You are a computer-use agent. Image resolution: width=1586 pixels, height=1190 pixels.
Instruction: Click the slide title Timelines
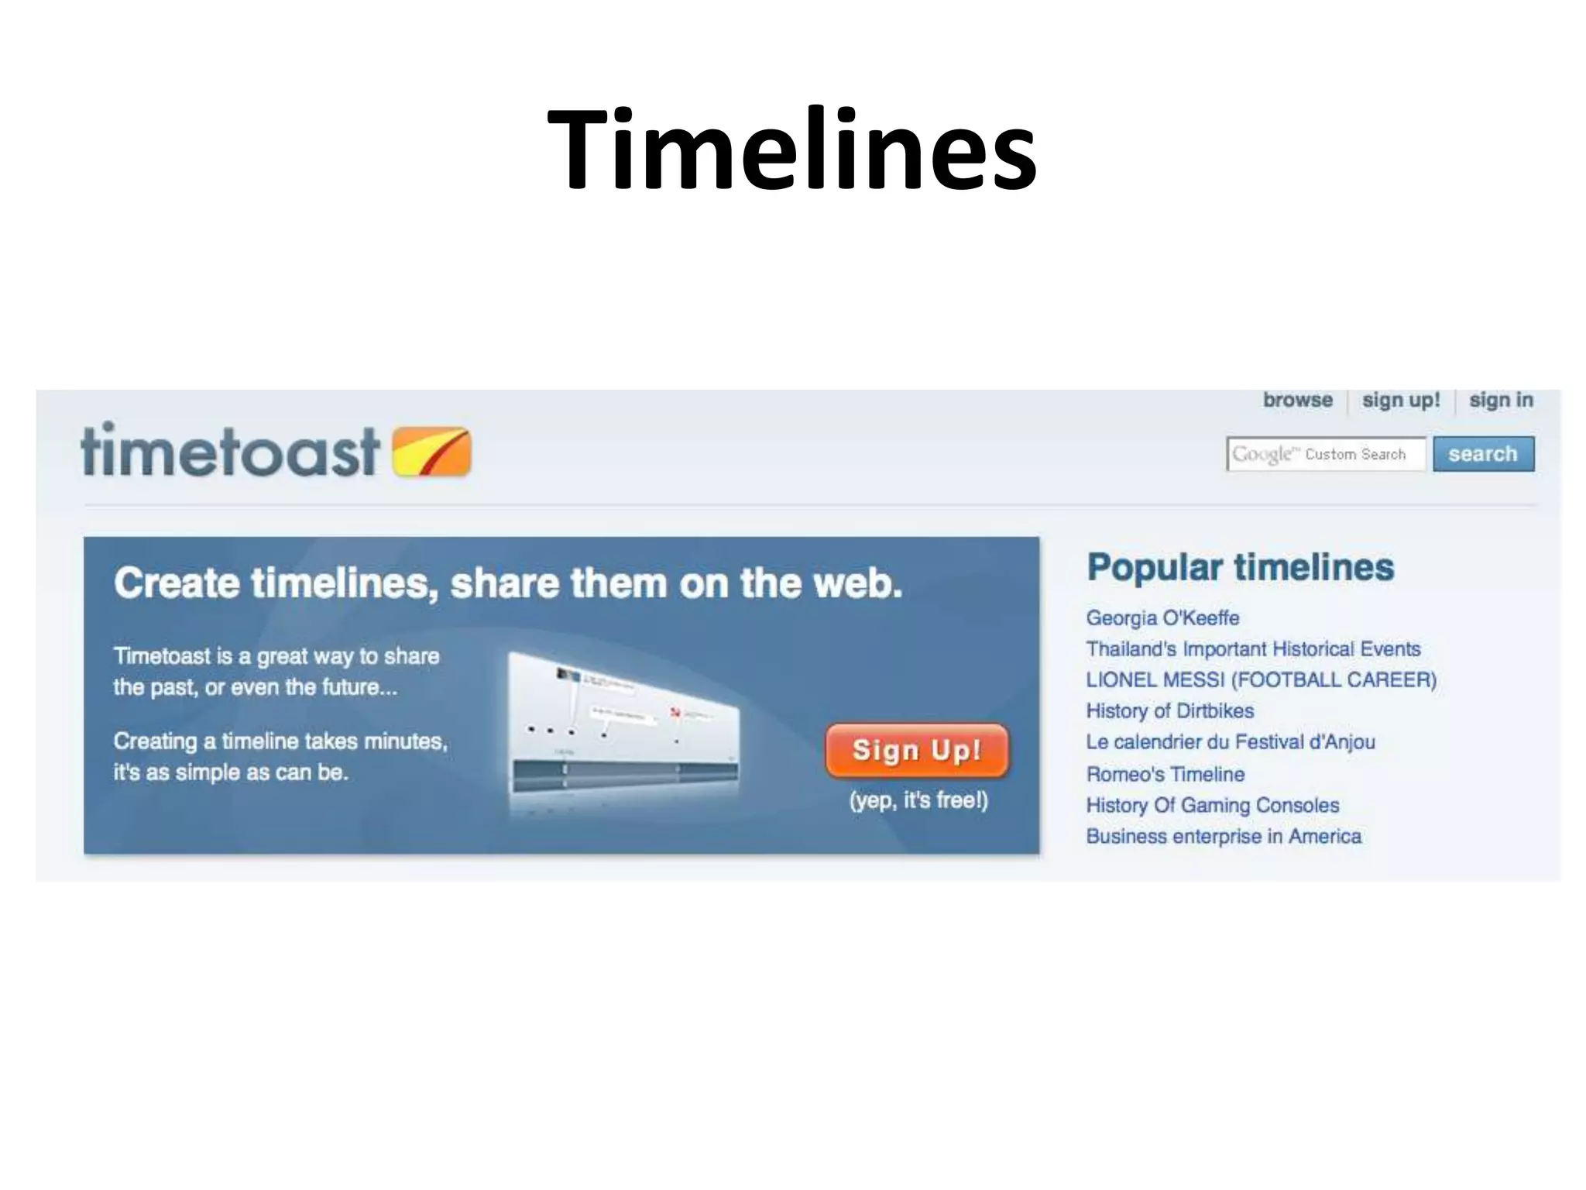791,149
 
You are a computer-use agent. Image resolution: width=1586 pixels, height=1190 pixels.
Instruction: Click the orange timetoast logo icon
431,451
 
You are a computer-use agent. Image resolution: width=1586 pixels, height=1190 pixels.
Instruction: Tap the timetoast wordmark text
230,451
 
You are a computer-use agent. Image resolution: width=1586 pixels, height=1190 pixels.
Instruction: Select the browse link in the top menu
1297,400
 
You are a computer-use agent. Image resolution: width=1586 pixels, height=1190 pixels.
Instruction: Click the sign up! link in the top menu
1400,400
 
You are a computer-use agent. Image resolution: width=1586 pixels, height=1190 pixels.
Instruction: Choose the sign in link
1501,400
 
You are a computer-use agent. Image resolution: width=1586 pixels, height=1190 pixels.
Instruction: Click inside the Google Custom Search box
1325,454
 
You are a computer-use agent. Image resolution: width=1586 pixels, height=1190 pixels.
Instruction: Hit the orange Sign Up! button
917,750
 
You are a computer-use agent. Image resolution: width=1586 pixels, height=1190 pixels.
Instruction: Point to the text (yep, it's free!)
918,800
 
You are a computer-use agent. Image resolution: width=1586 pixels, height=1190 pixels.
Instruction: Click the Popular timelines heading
1240,567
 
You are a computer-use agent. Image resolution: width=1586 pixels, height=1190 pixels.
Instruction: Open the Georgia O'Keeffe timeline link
1162,617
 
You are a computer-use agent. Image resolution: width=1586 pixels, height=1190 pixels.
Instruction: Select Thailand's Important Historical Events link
1253,648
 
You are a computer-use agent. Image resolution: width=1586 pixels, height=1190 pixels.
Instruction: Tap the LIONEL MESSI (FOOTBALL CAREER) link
1261,679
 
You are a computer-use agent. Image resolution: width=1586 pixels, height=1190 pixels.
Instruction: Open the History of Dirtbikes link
1169,710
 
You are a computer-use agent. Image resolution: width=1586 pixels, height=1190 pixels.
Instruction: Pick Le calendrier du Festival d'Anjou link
1231,741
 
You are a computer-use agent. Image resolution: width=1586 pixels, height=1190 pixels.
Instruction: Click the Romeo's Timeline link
1165,774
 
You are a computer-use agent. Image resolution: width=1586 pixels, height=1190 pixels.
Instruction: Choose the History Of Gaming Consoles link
1212,805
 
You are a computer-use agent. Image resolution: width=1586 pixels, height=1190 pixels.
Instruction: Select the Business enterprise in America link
1224,836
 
